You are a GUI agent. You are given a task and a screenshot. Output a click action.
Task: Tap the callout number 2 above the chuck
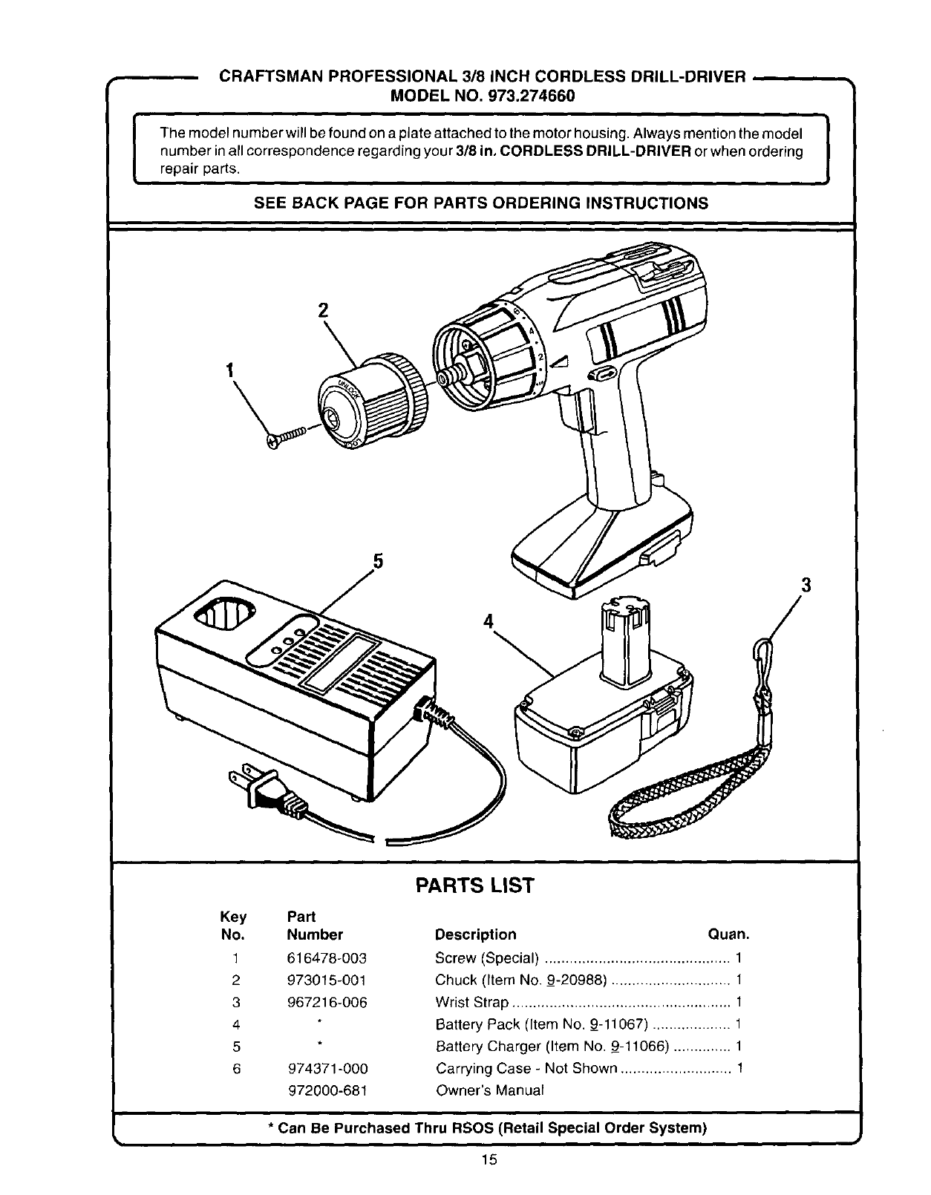click(323, 311)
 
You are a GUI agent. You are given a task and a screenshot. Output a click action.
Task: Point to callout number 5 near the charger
click(377, 562)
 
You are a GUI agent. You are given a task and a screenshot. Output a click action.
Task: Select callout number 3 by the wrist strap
click(805, 586)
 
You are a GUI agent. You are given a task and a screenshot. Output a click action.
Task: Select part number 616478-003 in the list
click(327, 958)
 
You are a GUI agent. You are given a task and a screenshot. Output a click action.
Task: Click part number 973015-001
click(327, 980)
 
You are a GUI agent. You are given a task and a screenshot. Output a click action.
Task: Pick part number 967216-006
click(327, 1002)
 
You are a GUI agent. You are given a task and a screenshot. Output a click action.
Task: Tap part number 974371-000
click(327, 1069)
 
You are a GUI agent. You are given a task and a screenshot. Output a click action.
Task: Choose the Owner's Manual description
click(489, 1090)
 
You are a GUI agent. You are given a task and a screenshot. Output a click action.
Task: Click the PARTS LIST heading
click(474, 885)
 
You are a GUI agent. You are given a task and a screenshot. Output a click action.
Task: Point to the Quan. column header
click(728, 934)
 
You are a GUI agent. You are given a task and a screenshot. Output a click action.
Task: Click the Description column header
click(475, 934)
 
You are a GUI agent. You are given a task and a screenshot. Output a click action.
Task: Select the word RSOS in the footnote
click(471, 1128)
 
